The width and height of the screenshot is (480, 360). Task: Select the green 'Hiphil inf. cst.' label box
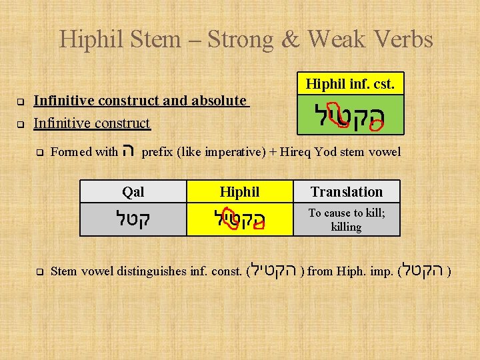pos(349,84)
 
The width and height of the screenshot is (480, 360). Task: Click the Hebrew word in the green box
pos(349,118)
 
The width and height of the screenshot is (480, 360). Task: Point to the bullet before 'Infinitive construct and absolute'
pos(20,102)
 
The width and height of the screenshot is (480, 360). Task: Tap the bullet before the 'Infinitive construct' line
pos(20,124)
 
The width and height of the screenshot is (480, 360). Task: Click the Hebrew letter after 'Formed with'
pos(130,151)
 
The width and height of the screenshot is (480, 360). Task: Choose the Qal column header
pos(133,192)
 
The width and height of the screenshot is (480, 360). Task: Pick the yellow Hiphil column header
pos(239,192)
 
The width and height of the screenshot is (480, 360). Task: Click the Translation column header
pos(347,192)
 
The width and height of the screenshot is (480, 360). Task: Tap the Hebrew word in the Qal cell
pos(133,219)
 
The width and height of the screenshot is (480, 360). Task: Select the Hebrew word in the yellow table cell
pos(239,219)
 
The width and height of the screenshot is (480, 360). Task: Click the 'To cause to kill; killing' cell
pos(347,220)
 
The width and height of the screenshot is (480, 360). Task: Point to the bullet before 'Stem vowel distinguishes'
pos(40,272)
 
